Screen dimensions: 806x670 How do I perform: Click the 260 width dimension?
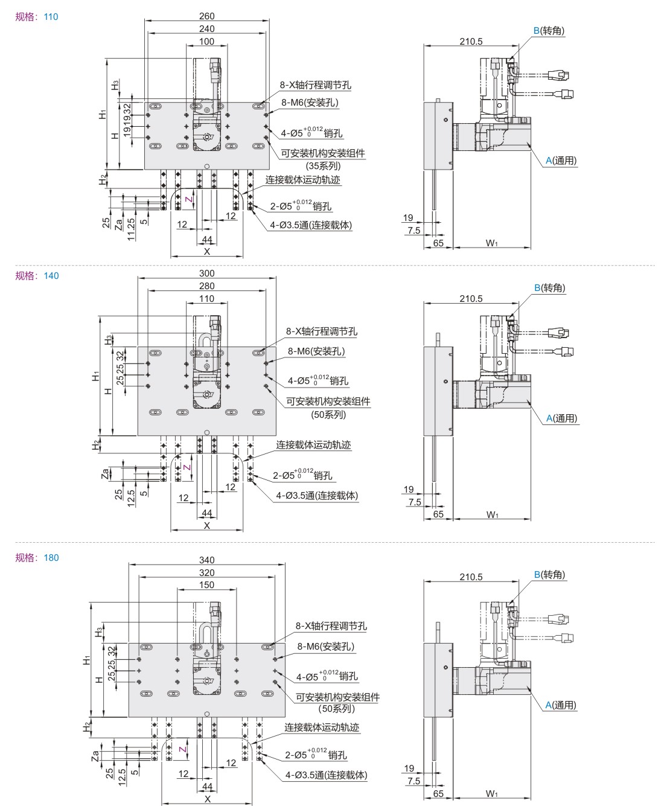[206, 16]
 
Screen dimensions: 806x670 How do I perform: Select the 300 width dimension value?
[206, 273]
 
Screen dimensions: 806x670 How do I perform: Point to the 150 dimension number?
[206, 585]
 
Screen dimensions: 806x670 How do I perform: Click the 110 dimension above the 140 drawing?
[206, 299]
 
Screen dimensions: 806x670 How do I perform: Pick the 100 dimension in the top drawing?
[206, 42]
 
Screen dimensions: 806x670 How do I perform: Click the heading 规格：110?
[37, 17]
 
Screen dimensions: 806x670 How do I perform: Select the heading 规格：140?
[37, 276]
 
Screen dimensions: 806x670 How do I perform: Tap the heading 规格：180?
[37, 558]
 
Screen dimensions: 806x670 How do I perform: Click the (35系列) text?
[323, 166]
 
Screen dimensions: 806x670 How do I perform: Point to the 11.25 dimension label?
[132, 230]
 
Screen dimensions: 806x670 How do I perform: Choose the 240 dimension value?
[206, 29]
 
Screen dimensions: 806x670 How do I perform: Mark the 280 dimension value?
[206, 286]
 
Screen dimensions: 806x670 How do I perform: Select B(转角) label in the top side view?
[549, 31]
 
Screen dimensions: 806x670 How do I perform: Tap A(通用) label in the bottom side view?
[561, 705]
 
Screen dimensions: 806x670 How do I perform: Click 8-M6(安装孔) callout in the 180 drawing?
[325, 647]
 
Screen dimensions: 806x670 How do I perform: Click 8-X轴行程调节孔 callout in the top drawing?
[314, 86]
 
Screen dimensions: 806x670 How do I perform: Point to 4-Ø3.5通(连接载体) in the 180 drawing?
[325, 775]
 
